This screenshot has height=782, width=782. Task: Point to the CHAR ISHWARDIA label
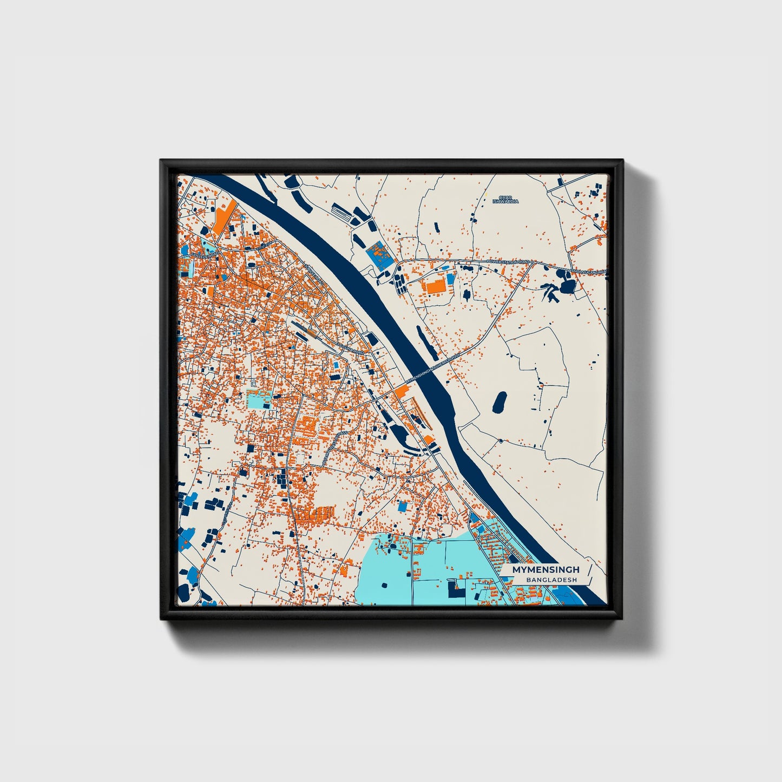(505, 200)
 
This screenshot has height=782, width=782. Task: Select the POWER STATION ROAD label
(507, 261)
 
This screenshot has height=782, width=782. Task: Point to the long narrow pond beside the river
(426, 343)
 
